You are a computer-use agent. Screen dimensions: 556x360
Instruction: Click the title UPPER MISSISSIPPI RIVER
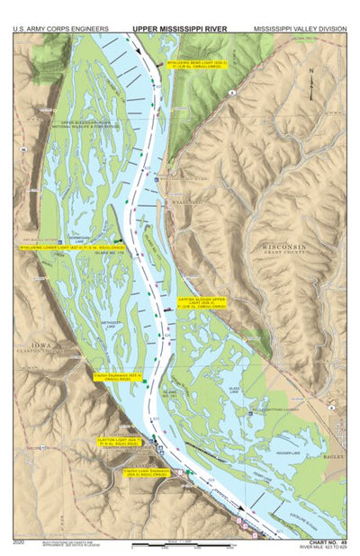pyautogui.click(x=180, y=29)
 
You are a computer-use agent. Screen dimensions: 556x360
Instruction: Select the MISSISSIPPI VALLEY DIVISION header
pyautogui.click(x=299, y=29)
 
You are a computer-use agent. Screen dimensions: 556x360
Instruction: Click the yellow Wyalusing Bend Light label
pyautogui.click(x=197, y=66)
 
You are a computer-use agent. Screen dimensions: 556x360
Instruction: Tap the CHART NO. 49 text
pyautogui.click(x=328, y=542)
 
